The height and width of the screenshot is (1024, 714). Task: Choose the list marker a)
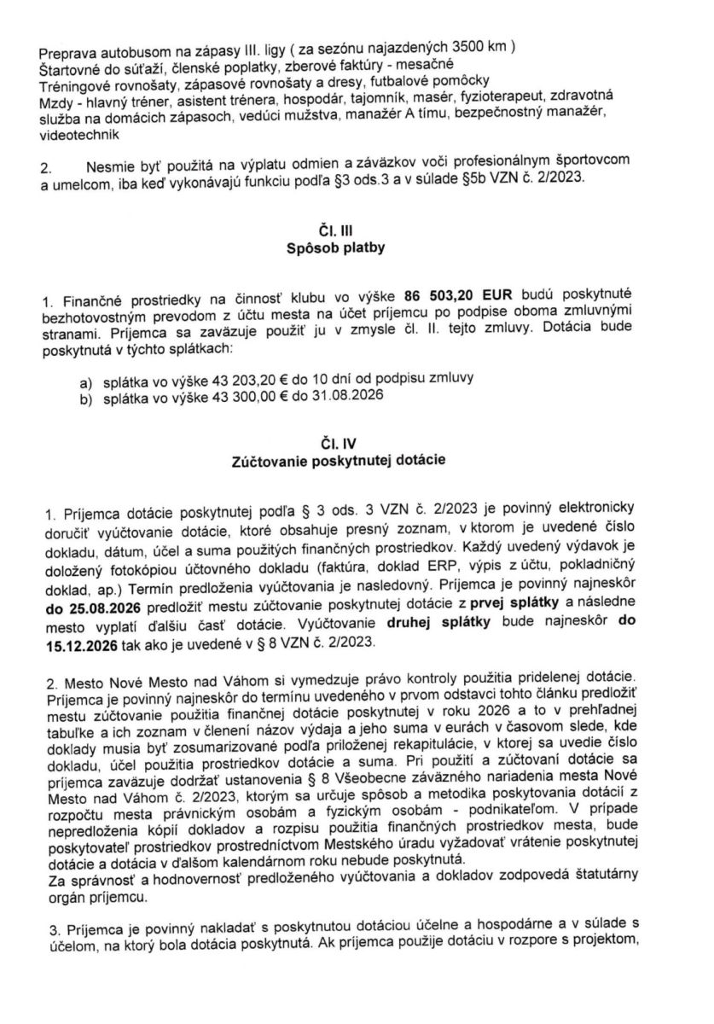[x=84, y=376]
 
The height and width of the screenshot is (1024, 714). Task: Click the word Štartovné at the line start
[x=69, y=66]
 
